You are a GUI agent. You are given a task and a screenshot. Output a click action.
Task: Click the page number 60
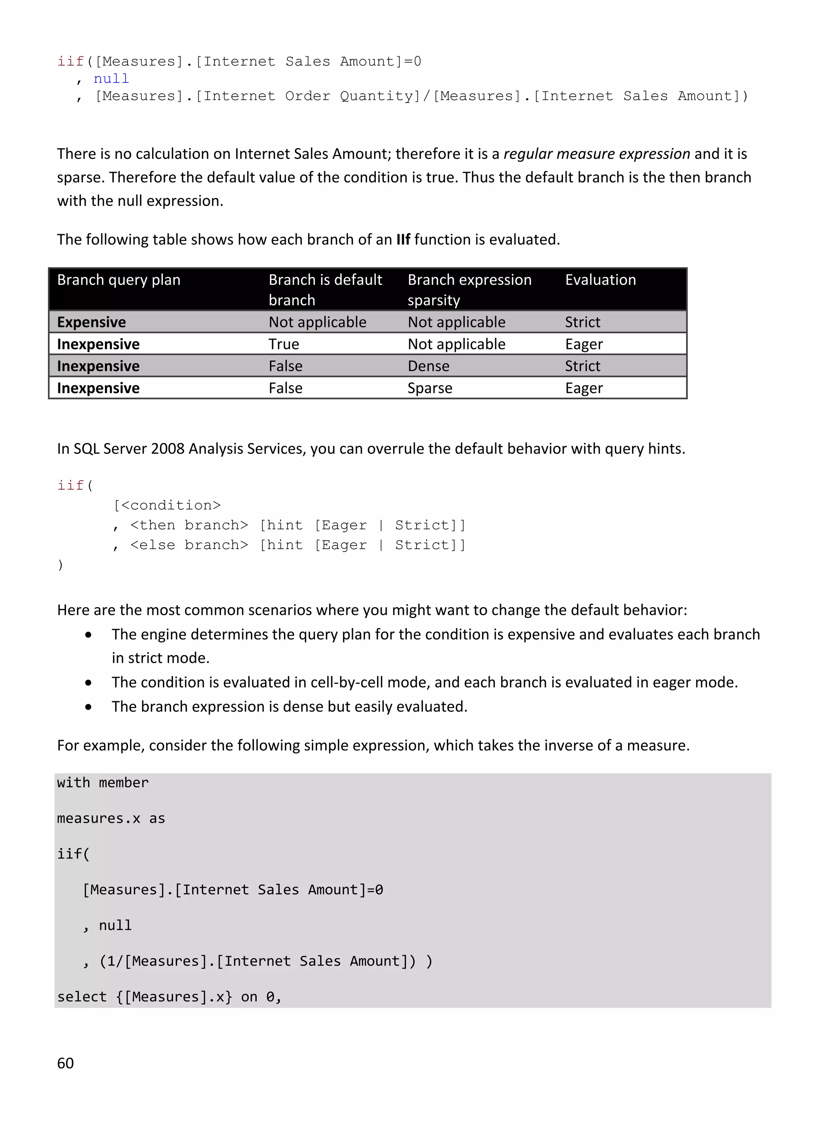click(65, 1063)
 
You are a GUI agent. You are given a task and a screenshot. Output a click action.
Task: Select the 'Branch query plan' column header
click(119, 280)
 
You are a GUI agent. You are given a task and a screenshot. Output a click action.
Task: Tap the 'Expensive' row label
click(91, 322)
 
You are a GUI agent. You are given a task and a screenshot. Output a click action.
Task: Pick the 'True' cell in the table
click(284, 344)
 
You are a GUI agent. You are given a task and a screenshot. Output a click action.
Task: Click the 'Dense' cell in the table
click(428, 366)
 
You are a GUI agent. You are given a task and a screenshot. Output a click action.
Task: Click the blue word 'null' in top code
click(111, 79)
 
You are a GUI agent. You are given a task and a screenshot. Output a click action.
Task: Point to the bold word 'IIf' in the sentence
click(403, 240)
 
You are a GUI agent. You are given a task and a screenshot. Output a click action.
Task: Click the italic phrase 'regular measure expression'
click(597, 154)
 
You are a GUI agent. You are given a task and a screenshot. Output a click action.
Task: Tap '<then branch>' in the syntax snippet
click(189, 525)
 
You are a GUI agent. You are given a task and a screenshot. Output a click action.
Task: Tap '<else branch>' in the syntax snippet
click(189, 545)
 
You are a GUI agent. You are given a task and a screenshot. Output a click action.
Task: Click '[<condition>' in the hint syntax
click(167, 505)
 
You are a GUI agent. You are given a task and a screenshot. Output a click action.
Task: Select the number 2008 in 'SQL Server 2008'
click(168, 449)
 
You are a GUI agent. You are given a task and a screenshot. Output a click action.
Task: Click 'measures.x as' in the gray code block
click(111, 818)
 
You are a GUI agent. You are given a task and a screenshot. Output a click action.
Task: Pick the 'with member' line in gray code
click(103, 782)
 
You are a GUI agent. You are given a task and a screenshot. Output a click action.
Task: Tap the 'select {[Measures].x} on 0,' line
click(169, 997)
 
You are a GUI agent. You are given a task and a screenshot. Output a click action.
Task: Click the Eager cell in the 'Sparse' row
click(583, 388)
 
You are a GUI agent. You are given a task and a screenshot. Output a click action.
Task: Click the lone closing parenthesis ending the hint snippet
click(60, 565)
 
